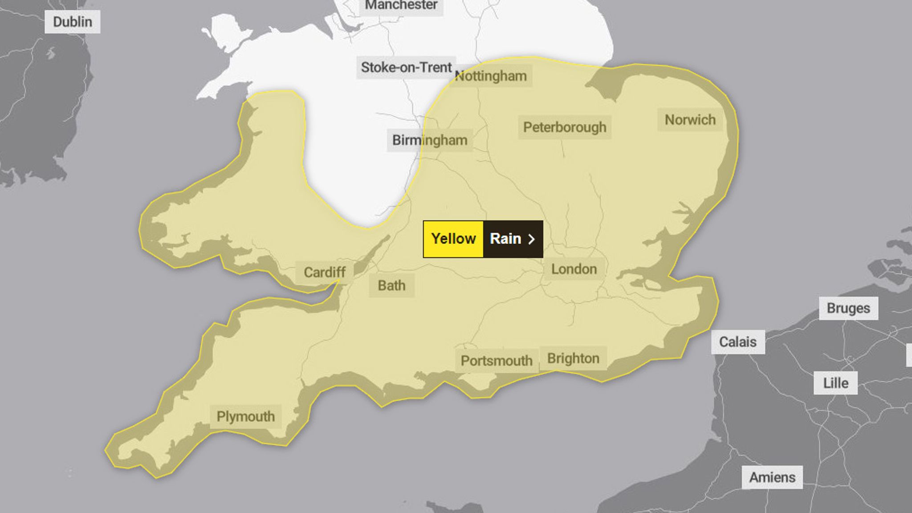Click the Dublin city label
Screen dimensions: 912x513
click(x=72, y=22)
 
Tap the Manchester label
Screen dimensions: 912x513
click(x=401, y=6)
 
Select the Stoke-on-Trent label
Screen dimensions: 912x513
click(x=406, y=68)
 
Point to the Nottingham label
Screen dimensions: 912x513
click(x=491, y=76)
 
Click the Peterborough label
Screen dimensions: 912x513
click(x=565, y=127)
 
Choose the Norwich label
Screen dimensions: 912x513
click(x=690, y=120)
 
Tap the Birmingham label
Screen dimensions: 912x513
click(x=430, y=140)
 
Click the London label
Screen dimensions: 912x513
click(x=574, y=269)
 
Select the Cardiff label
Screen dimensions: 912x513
click(x=325, y=272)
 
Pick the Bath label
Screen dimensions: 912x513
click(x=391, y=285)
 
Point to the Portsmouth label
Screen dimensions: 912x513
click(x=497, y=361)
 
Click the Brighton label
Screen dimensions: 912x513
click(x=573, y=358)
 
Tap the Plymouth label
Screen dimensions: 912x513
click(x=245, y=417)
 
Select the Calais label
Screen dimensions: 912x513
click(x=738, y=342)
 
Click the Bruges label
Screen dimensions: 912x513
click(x=848, y=308)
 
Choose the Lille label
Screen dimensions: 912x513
click(x=835, y=383)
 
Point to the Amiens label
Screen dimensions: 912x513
click(x=772, y=477)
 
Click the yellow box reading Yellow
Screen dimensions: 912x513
click(x=453, y=239)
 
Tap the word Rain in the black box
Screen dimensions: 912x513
click(x=505, y=239)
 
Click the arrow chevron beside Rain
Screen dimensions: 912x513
click(x=531, y=240)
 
